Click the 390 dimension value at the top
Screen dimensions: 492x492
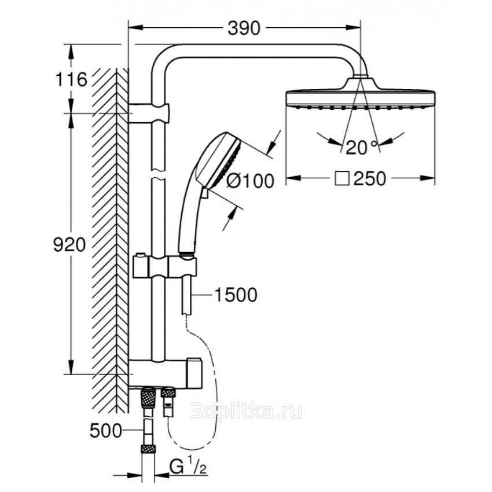[x=244, y=28]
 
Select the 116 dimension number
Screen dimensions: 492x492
[x=71, y=79]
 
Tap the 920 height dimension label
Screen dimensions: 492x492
[x=69, y=245]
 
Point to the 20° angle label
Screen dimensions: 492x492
[x=361, y=148]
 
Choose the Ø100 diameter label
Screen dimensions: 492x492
[x=250, y=181]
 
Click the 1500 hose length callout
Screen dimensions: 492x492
[x=236, y=295]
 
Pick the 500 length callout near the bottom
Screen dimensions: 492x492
[x=106, y=431]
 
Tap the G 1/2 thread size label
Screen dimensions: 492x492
[x=188, y=468]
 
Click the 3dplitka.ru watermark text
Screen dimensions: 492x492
[x=247, y=411]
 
